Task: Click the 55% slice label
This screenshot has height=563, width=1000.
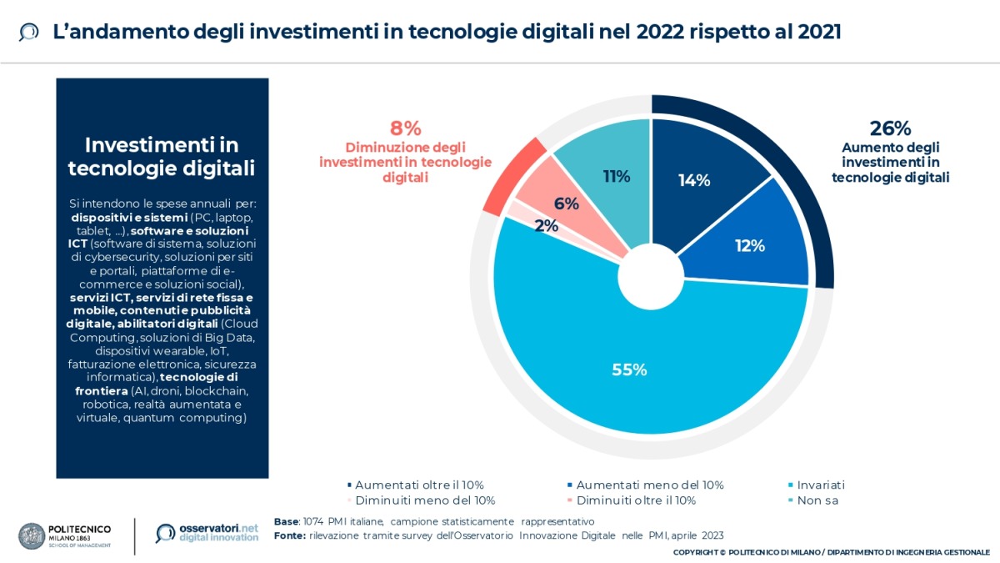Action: point(629,369)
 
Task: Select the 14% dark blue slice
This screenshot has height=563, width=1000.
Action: point(693,179)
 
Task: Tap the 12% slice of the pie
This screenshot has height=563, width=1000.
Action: point(749,245)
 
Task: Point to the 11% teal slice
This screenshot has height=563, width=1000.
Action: point(617,176)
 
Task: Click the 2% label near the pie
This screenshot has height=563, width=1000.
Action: point(547,224)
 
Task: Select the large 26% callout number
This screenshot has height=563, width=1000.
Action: point(890,128)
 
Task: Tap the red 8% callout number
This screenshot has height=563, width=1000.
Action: point(405,128)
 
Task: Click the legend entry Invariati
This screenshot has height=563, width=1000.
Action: point(820,485)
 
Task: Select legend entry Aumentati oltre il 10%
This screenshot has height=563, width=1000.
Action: point(419,485)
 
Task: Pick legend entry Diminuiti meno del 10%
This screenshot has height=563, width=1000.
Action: point(425,500)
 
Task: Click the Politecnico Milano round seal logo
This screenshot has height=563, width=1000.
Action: point(32,535)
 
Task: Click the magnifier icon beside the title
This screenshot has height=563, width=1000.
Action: point(28,33)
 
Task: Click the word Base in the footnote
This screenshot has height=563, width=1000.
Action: point(287,521)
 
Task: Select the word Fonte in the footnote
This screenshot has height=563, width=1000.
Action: point(290,535)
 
